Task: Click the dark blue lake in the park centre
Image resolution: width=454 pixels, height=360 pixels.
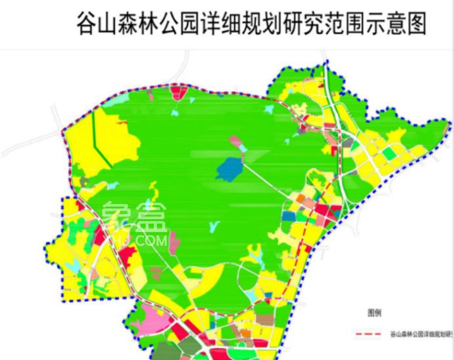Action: (x=230, y=169)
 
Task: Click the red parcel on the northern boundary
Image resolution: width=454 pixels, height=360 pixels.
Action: (x=178, y=91)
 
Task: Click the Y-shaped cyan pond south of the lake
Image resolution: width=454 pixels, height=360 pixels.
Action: (x=212, y=226)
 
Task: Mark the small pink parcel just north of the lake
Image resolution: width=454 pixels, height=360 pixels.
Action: (x=236, y=140)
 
